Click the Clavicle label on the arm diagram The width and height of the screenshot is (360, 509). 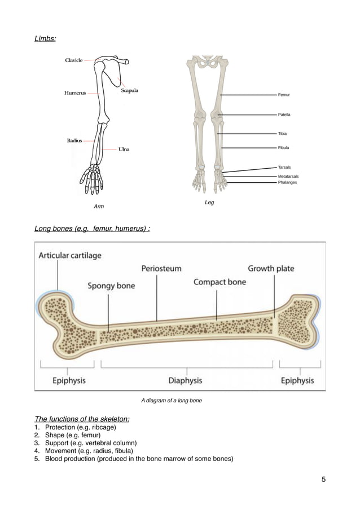pyautogui.click(x=74, y=60)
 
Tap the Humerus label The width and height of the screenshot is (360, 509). pyautogui.click(x=75, y=93)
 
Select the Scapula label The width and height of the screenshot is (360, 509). pyautogui.click(x=129, y=90)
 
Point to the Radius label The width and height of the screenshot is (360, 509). pyautogui.click(x=74, y=140)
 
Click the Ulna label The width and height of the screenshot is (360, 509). pyautogui.click(x=124, y=150)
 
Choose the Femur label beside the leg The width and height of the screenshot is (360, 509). pyautogui.click(x=284, y=95)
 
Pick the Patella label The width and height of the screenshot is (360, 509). pyautogui.click(x=284, y=115)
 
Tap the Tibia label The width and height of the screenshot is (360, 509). pyautogui.click(x=283, y=134)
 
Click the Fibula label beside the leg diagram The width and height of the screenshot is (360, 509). pyautogui.click(x=284, y=148)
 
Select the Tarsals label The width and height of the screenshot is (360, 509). pyautogui.click(x=285, y=168)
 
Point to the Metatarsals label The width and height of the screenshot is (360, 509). pyautogui.click(x=288, y=177)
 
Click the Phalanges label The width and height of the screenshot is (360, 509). pyautogui.click(x=287, y=182)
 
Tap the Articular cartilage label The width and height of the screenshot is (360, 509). pyautogui.click(x=70, y=255)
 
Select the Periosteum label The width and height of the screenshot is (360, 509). pyautogui.click(x=161, y=268)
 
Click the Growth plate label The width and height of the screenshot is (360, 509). pyautogui.click(x=271, y=268)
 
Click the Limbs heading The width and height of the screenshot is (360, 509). pyautogui.click(x=45, y=39)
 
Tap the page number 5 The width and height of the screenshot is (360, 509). pyautogui.click(x=324, y=480)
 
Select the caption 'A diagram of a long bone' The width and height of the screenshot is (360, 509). pyautogui.click(x=172, y=401)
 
